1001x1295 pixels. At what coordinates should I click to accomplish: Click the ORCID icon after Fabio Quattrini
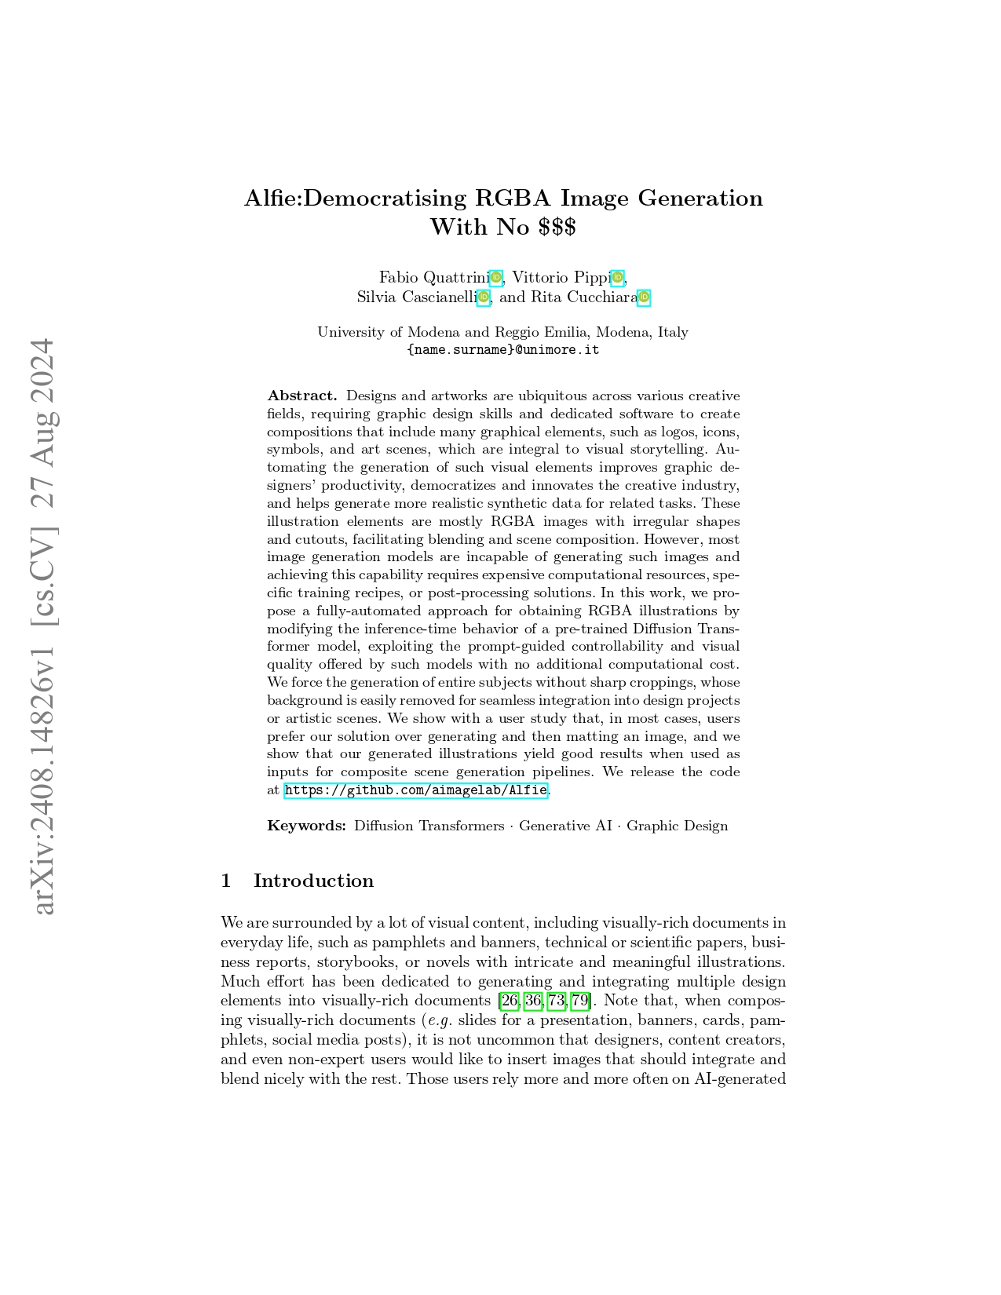(496, 277)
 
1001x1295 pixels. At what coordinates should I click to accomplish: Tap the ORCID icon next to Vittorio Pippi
(618, 277)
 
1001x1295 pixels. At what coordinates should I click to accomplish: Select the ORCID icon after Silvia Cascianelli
(484, 297)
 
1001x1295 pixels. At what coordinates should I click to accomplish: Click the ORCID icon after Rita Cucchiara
(644, 297)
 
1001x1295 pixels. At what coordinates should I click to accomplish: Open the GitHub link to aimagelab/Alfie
(415, 790)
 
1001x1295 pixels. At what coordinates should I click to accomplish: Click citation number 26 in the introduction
(510, 1001)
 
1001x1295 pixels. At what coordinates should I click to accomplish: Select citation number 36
(533, 1001)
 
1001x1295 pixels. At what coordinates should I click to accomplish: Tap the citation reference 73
(557, 1001)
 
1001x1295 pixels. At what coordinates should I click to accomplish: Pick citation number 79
(580, 1001)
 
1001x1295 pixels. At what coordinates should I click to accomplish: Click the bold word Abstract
(301, 396)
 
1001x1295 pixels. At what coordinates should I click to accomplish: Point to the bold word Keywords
(306, 826)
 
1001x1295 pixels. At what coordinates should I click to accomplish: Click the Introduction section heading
(313, 881)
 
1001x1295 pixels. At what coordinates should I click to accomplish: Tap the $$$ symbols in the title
(557, 228)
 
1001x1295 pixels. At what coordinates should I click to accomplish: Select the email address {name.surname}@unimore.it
(503, 350)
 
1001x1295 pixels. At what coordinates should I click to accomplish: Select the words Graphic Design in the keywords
(677, 826)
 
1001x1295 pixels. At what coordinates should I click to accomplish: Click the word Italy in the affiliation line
(673, 332)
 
